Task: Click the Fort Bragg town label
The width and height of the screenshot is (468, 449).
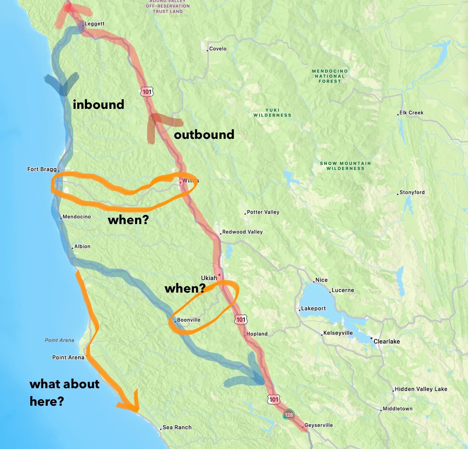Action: click(42, 169)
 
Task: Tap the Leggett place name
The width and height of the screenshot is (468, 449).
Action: click(94, 24)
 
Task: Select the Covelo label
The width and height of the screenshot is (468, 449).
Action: click(218, 49)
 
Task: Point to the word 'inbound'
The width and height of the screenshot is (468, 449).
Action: click(98, 104)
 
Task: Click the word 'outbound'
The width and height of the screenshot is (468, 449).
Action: click(204, 134)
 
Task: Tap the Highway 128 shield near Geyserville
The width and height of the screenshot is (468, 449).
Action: click(289, 414)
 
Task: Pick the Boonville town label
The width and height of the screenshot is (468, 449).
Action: click(189, 320)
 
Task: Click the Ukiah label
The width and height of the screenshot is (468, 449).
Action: click(209, 278)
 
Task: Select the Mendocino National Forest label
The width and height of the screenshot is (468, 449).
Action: click(330, 76)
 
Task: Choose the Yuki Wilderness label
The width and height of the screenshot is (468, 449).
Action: click(272, 113)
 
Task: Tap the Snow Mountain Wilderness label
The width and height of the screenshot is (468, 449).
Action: click(345, 166)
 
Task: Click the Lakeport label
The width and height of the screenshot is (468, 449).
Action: click(313, 308)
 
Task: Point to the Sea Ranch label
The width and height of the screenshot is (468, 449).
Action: click(177, 427)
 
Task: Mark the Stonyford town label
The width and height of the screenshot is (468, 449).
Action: click(412, 192)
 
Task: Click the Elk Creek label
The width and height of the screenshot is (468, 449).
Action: click(411, 113)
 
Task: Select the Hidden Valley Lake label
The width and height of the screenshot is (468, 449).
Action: click(421, 389)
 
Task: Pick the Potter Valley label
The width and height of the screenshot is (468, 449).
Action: click(263, 212)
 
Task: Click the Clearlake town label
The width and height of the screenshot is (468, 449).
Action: click(387, 341)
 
